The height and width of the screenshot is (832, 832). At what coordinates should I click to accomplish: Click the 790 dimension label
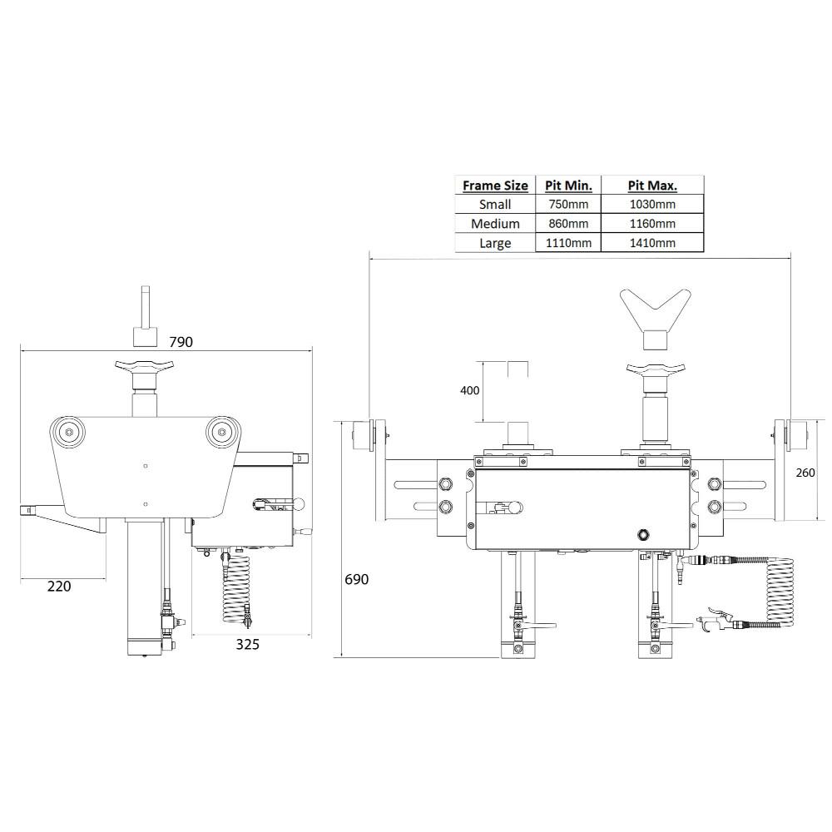click(x=181, y=342)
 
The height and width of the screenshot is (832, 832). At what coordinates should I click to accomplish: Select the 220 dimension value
click(x=59, y=587)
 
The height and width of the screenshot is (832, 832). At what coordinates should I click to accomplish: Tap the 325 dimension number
click(x=248, y=644)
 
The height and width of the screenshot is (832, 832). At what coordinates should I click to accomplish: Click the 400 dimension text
click(x=469, y=391)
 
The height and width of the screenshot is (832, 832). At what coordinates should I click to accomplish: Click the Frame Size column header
click(x=495, y=185)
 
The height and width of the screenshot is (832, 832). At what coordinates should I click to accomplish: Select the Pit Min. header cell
click(x=568, y=185)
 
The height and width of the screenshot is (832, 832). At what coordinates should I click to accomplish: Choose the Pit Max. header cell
click(x=652, y=185)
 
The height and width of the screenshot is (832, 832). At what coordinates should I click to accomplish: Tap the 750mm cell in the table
click(x=568, y=204)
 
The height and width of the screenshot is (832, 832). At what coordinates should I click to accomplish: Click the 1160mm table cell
click(x=652, y=224)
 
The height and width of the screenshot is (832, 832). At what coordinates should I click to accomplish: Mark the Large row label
click(x=495, y=243)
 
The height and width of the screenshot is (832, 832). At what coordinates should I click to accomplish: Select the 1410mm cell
click(x=652, y=243)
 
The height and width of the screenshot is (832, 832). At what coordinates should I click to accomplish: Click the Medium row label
click(x=495, y=224)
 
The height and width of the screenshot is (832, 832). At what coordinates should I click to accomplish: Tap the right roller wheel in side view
click(x=220, y=431)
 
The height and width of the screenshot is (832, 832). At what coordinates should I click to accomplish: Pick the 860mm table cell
click(x=568, y=224)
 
